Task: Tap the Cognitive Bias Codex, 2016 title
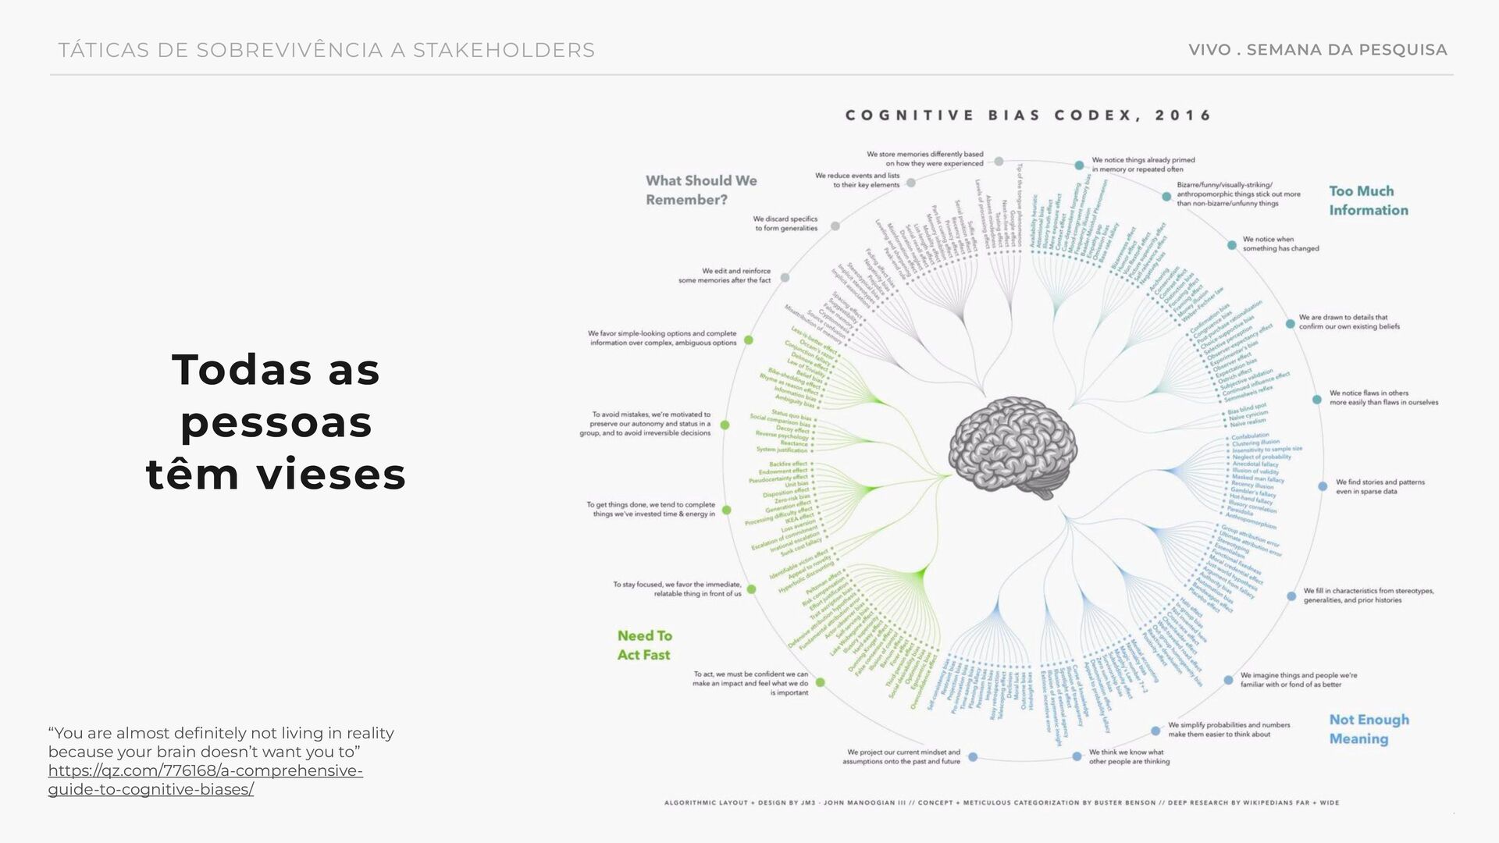coord(1028,116)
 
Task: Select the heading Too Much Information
coord(1368,201)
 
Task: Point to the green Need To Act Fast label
coord(644,646)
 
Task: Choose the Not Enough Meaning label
coord(1369,729)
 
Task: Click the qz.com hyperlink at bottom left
coord(205,780)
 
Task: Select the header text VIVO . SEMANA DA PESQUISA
coord(1317,50)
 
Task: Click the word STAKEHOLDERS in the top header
coord(504,51)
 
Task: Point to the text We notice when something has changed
coord(1280,244)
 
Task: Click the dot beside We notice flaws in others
coord(1317,400)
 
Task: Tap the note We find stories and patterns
coord(1380,487)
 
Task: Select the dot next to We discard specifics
coord(835,226)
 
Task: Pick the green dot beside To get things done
coord(727,510)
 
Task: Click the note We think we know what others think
coord(1129,757)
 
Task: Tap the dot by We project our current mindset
coord(973,757)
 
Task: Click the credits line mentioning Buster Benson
coord(1001,802)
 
